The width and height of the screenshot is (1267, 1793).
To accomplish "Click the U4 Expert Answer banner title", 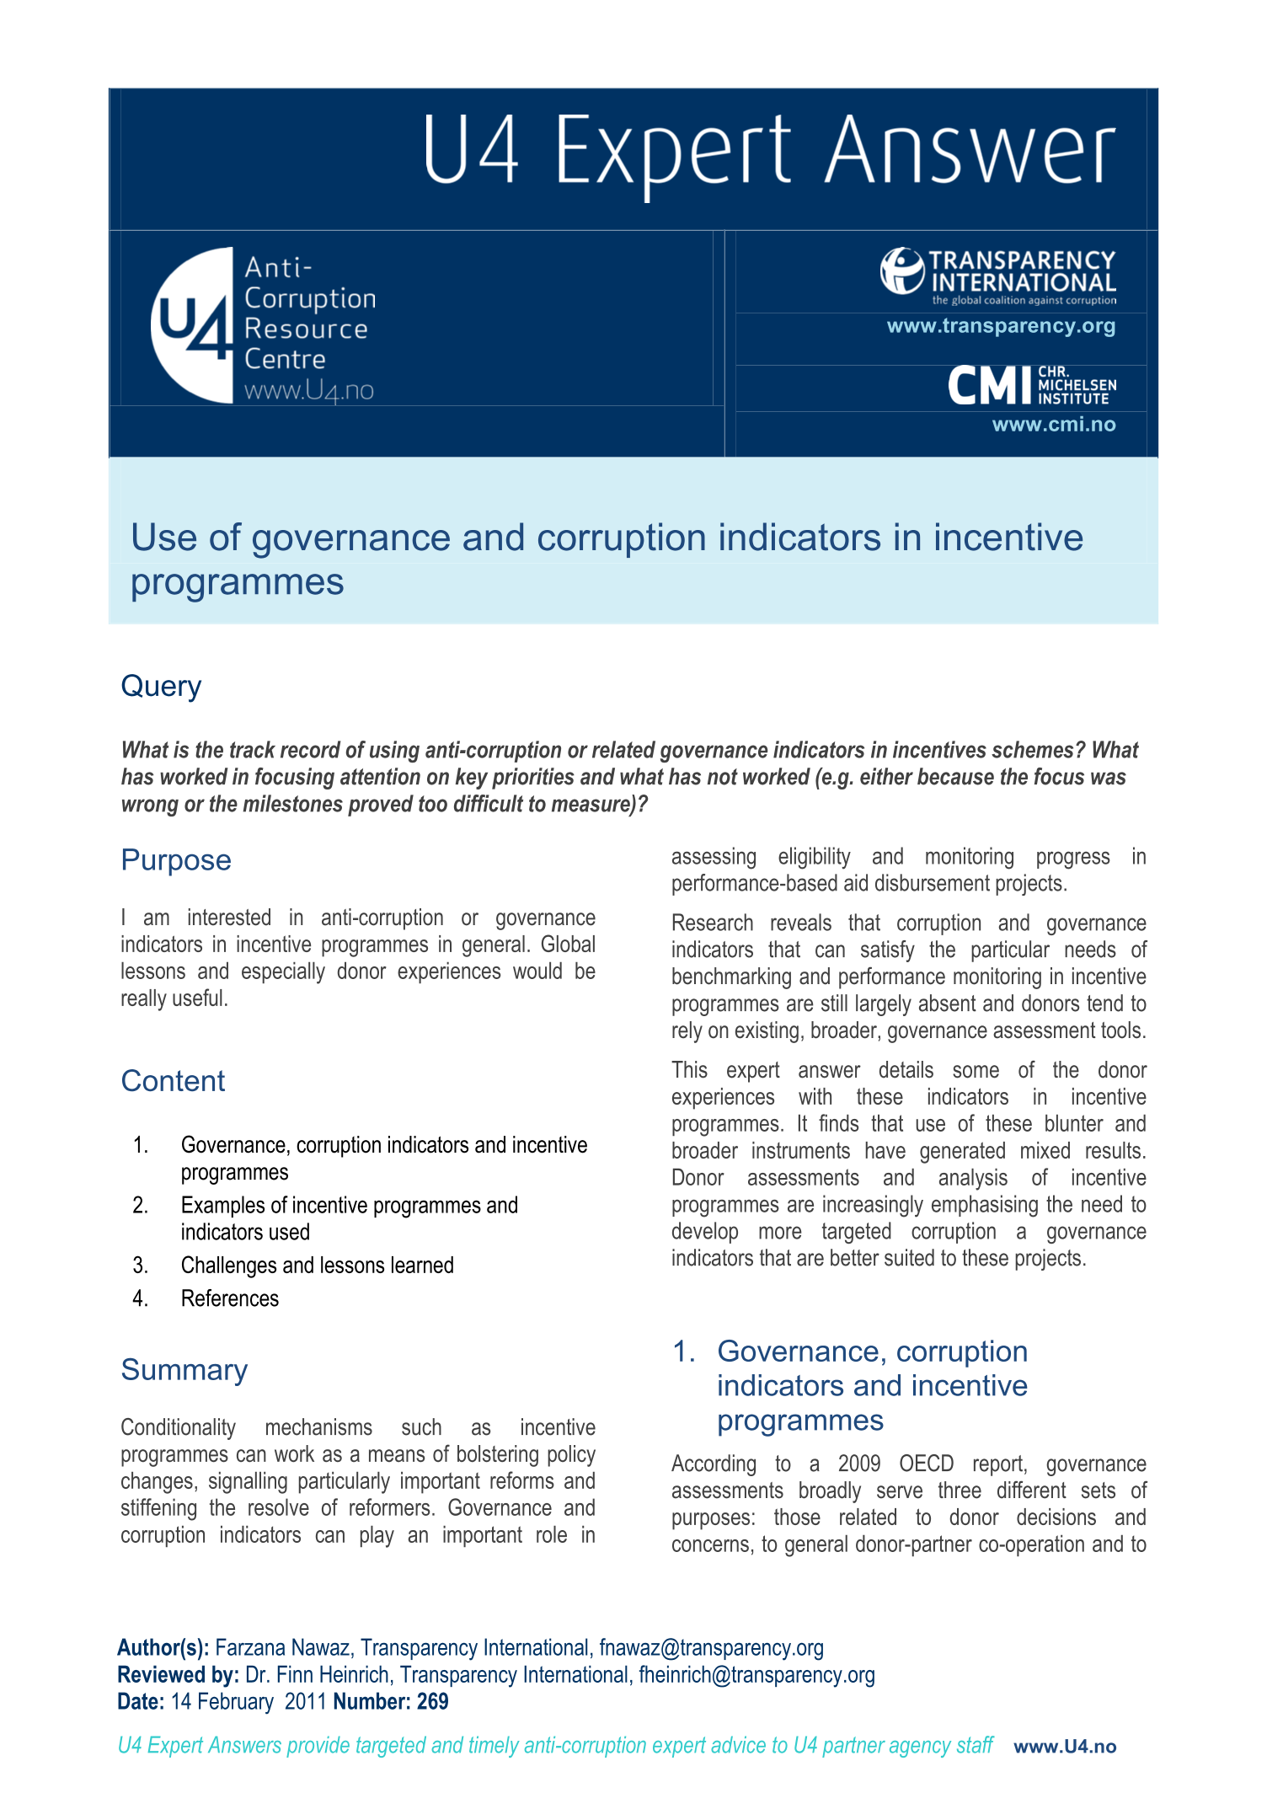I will [768, 152].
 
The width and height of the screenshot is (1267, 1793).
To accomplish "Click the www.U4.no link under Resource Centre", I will [308, 391].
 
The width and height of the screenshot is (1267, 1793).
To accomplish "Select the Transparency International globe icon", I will [901, 270].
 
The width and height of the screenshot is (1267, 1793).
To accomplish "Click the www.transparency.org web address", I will [1001, 326].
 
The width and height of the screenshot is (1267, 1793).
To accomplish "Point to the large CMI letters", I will [989, 386].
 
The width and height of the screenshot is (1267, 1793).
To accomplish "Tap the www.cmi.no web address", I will [1053, 425].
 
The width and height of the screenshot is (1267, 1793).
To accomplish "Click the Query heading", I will [161, 686].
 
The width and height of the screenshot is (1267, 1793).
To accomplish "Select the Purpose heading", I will [175, 860].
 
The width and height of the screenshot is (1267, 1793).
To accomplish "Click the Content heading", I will [173, 1081].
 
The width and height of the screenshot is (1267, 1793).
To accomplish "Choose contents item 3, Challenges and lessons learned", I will [317, 1266].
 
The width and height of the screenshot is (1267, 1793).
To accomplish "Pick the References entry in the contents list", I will [229, 1298].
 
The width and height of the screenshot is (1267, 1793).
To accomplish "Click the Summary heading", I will [184, 1370].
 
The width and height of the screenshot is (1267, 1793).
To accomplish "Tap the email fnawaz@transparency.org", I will [711, 1648].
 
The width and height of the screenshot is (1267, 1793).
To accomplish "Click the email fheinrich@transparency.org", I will [756, 1675].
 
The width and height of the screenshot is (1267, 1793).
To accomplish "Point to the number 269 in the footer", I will [432, 1702].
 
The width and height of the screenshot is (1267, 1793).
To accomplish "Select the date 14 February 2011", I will [248, 1702].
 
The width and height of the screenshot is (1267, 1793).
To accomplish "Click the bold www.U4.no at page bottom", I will [1065, 1747].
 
